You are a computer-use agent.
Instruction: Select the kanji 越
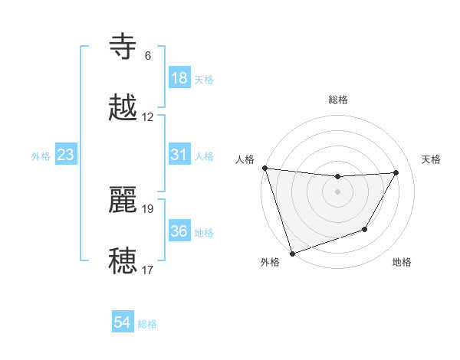click(123, 109)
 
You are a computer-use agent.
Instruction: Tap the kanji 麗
click(123, 200)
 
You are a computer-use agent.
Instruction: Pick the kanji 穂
click(123, 261)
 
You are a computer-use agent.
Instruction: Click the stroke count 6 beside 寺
click(148, 56)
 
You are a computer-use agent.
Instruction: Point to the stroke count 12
click(148, 117)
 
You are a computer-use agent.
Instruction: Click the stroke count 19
click(148, 208)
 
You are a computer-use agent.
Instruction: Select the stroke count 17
click(148, 270)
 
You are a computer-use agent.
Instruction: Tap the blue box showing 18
click(179, 78)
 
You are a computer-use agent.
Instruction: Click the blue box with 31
click(179, 155)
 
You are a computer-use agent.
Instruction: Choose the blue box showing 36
click(179, 231)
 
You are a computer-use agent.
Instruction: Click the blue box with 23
click(66, 155)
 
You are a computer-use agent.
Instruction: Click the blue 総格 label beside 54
click(147, 324)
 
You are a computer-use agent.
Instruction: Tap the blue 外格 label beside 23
click(41, 156)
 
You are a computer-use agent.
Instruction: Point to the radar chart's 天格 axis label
click(432, 159)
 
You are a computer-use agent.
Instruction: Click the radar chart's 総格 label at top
click(338, 100)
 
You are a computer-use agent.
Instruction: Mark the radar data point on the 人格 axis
click(264, 168)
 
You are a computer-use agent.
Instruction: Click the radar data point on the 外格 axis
click(292, 253)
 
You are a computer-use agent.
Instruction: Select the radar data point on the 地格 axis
click(365, 229)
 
